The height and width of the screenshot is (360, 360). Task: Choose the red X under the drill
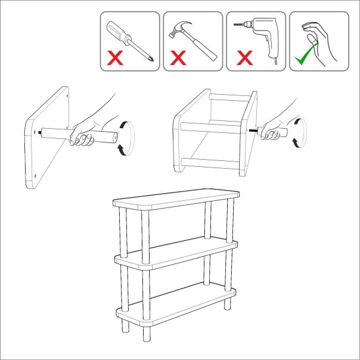click(x=243, y=58)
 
